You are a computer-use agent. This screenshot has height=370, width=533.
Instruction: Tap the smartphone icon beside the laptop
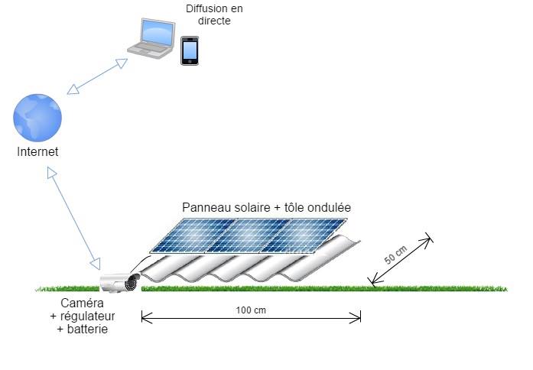coord(189,50)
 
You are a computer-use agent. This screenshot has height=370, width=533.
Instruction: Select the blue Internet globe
coord(37,117)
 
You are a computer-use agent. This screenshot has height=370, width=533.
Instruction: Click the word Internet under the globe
coord(37,152)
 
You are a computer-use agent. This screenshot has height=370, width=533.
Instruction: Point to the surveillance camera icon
coord(122,281)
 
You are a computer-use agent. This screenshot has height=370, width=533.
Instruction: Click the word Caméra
coord(83,303)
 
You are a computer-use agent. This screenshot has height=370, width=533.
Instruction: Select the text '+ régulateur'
coord(83,316)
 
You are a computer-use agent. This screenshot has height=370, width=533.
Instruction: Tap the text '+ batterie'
coord(83,329)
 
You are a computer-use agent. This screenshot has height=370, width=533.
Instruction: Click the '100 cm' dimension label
coord(251,310)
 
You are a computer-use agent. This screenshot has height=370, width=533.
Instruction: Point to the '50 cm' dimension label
coord(395,255)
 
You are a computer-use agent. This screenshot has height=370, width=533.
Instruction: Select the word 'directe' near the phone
coord(214,21)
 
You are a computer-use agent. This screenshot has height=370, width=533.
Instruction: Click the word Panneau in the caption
coord(203,207)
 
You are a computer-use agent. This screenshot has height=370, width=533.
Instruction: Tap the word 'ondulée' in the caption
coord(330,207)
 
